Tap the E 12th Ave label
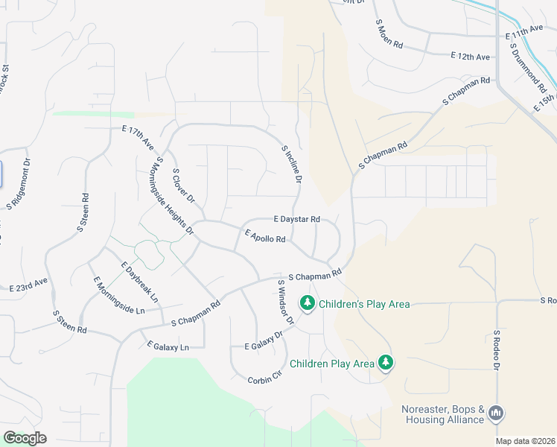pyautogui.click(x=471, y=57)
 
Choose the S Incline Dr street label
pyautogui.click(x=292, y=165)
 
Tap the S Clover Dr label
pyautogui.click(x=183, y=186)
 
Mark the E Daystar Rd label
pyautogui.click(x=296, y=219)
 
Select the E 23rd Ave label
pyautogui.click(x=28, y=284)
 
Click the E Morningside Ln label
pyautogui.click(x=118, y=295)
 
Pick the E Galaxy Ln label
pyautogui.click(x=168, y=346)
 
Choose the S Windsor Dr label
pyautogui.click(x=286, y=302)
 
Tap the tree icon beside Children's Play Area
pyautogui.click(x=306, y=303)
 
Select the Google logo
pyautogui.click(x=24, y=438)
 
